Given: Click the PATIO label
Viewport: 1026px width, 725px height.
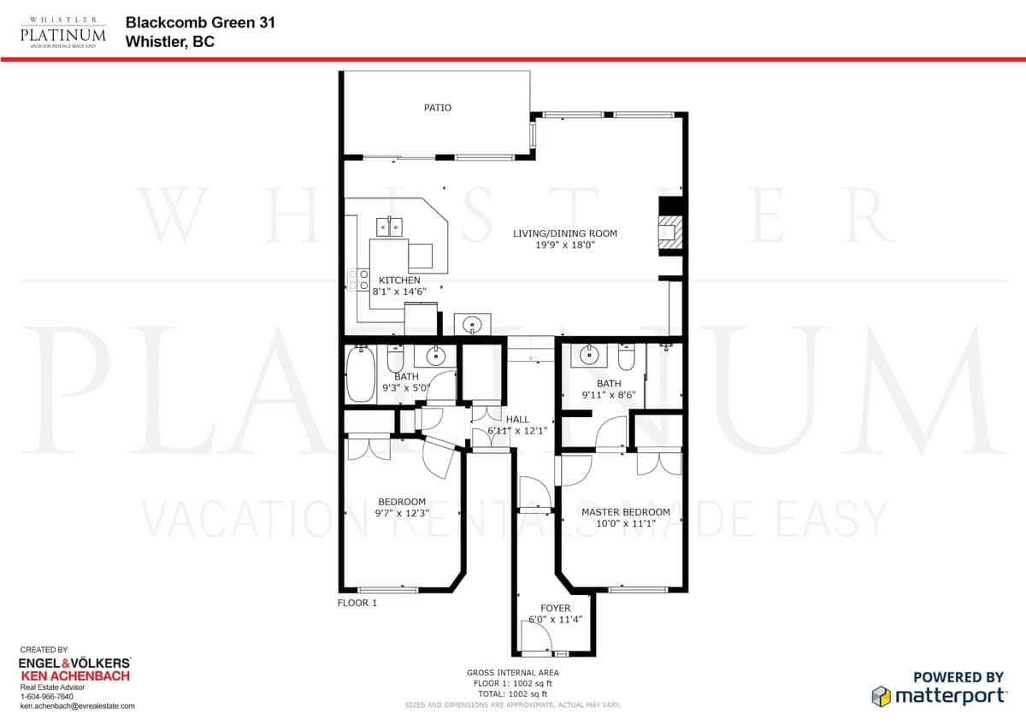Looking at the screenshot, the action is [438, 108].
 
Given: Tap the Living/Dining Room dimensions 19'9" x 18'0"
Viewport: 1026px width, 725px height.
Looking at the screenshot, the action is [565, 245].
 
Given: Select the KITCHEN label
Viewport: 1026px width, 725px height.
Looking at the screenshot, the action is [399, 280].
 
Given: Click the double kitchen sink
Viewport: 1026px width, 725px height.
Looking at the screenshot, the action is [389, 227].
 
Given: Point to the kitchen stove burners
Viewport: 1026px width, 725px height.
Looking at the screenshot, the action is [358, 280].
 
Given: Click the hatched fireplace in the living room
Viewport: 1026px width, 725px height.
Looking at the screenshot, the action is [670, 233].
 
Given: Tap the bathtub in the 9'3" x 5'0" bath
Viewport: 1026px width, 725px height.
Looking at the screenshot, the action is [361, 374].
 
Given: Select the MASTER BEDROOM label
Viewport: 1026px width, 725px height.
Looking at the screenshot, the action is [625, 512].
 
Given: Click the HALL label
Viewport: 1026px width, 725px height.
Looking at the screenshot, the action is [517, 419].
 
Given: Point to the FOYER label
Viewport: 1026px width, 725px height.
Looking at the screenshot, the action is [555, 608].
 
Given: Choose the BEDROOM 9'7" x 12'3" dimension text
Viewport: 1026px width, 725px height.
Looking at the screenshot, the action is [402, 513].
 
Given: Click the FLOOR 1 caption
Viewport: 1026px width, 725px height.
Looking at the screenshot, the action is [357, 603].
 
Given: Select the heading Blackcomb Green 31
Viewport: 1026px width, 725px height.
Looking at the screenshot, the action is [200, 22].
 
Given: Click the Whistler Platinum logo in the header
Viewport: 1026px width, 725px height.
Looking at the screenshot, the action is [62, 32].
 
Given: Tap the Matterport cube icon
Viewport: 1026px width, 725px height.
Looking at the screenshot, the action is [881, 696].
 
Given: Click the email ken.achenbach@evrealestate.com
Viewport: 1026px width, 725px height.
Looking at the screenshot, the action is [78, 706].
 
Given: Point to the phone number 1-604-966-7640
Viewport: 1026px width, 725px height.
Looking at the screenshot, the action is [47, 697].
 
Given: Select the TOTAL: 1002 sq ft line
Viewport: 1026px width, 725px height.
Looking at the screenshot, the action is [512, 694].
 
